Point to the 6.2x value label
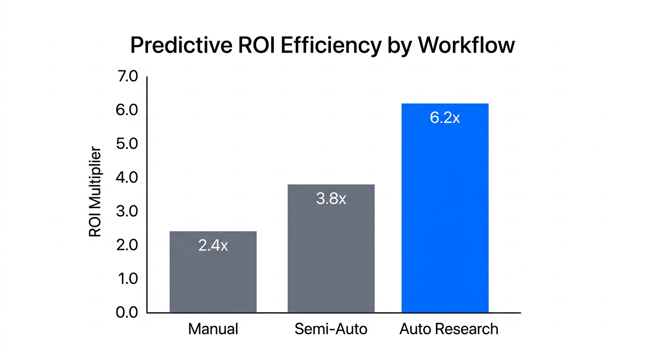445,118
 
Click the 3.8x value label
331,199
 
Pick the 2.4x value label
213,246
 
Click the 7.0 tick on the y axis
127,76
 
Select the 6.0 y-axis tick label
127,110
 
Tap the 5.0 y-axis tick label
127,144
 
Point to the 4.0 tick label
127,178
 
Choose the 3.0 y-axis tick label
127,211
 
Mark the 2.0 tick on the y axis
127,245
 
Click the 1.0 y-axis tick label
127,279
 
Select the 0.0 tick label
127,313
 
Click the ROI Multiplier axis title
95,192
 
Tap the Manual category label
213,329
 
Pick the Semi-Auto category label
331,329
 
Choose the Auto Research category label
449,329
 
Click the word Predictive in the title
180,46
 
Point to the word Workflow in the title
466,46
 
